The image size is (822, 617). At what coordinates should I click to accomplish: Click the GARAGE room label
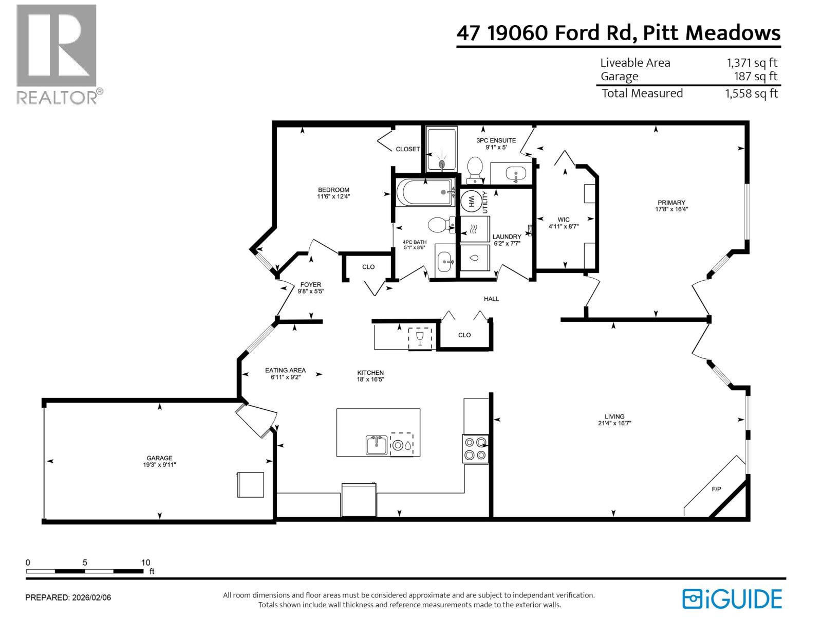[159, 458]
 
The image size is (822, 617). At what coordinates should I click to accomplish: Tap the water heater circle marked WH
[469, 202]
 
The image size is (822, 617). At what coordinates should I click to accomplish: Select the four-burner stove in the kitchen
[475, 448]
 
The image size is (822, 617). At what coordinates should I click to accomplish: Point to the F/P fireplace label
[716, 489]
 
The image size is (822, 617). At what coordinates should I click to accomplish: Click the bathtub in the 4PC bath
[424, 192]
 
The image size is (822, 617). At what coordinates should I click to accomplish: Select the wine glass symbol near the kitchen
[420, 338]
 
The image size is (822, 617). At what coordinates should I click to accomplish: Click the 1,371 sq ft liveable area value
[752, 63]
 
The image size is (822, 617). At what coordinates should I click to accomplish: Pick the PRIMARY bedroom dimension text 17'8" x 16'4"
[671, 209]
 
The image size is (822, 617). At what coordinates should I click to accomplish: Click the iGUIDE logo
[732, 599]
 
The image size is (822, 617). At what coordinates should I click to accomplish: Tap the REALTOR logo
[57, 54]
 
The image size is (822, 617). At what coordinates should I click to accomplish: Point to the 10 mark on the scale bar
[145, 562]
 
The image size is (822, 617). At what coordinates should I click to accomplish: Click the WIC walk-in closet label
[564, 220]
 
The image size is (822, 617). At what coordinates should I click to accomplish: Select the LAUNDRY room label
[507, 237]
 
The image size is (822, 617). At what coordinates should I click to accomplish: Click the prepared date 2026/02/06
[91, 597]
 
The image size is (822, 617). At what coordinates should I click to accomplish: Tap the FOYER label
[310, 285]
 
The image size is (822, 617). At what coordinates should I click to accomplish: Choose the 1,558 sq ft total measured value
[752, 94]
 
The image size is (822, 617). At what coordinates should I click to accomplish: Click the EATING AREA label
[285, 370]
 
